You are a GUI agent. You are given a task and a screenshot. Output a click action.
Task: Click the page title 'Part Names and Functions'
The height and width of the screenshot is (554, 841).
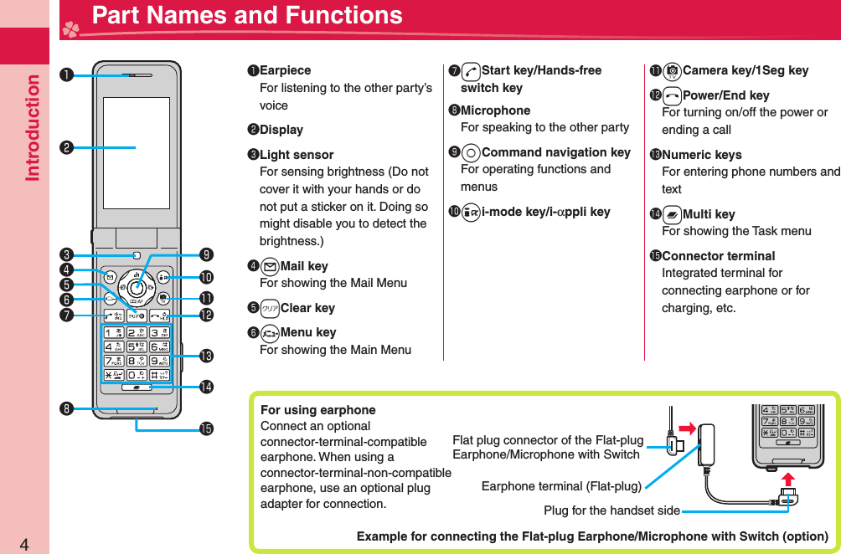coord(247,16)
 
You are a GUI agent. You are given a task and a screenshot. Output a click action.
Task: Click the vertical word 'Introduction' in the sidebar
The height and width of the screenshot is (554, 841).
coord(33,127)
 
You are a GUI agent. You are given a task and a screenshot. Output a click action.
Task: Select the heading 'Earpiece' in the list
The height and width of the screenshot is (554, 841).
coord(285,70)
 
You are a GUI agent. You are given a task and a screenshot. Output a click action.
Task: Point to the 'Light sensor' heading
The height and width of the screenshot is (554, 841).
coord(297,155)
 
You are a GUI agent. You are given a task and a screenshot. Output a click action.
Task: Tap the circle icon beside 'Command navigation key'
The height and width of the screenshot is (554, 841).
coord(472,152)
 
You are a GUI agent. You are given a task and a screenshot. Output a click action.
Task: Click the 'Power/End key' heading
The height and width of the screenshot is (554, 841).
coord(725,95)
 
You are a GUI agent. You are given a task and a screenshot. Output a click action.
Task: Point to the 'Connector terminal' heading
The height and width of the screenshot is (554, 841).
coord(718,256)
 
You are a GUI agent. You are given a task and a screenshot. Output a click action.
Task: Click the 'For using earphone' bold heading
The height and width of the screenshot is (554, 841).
coord(318,410)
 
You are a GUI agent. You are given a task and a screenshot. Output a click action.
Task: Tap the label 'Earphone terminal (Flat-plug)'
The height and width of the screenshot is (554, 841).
coord(561,486)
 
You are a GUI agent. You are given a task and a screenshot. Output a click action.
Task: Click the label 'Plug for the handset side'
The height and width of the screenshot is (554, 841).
coord(611,510)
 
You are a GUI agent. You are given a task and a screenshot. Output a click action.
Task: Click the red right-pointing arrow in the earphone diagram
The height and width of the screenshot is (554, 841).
coord(689,430)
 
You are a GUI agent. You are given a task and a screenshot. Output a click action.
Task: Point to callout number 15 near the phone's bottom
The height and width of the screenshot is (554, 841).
coord(206,428)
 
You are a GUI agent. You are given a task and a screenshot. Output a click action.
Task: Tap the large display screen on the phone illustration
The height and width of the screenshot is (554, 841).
coord(136,148)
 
